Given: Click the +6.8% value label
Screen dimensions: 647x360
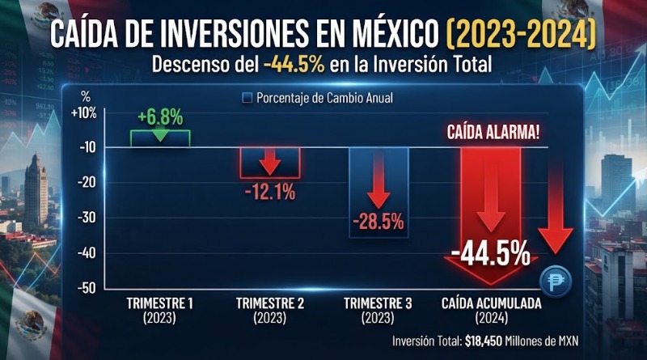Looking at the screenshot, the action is coord(160,117).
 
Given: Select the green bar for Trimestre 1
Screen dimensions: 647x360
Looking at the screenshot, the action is coord(160,138).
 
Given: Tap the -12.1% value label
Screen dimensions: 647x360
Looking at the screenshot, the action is coord(270,192).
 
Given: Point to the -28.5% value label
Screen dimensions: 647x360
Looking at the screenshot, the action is coord(378,222).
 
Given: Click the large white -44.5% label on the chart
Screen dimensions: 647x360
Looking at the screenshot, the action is coord(491,253).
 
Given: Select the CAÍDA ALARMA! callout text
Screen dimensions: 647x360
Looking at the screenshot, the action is coord(493,133).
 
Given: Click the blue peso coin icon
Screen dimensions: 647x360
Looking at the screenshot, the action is coord(556,281).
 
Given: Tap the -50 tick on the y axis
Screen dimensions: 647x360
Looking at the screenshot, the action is coord(87,288).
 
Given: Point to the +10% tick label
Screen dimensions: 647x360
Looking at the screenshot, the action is coord(84,112).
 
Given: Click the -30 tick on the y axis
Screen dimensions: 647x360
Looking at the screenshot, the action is coord(87,217).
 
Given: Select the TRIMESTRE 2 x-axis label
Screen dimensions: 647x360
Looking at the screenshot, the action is coord(270,303).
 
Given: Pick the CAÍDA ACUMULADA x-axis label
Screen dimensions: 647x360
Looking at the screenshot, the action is coord(492,303).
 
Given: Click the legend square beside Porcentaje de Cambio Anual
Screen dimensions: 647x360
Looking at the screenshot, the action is coord(247,98).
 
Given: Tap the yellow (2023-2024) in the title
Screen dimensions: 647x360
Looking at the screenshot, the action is coord(521,33).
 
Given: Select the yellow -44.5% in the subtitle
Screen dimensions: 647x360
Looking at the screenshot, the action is coord(294,65).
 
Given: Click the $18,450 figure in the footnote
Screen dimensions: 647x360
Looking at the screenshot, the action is coord(484,341).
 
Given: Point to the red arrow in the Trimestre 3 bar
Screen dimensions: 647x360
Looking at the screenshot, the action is coord(378,180).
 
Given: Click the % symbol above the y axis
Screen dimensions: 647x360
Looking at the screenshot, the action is coord(86,96).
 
